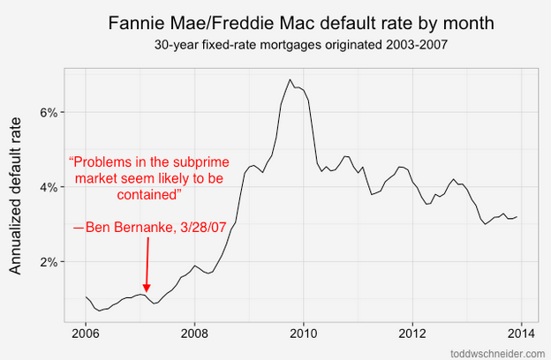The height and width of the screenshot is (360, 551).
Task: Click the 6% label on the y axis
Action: [47, 112]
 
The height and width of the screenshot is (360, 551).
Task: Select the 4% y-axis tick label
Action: [47, 187]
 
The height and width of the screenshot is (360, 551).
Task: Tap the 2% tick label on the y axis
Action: [47, 262]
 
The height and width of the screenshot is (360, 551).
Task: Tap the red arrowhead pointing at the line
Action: [147, 288]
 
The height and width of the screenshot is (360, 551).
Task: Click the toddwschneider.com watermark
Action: [497, 352]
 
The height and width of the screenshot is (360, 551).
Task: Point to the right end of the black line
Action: [517, 217]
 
